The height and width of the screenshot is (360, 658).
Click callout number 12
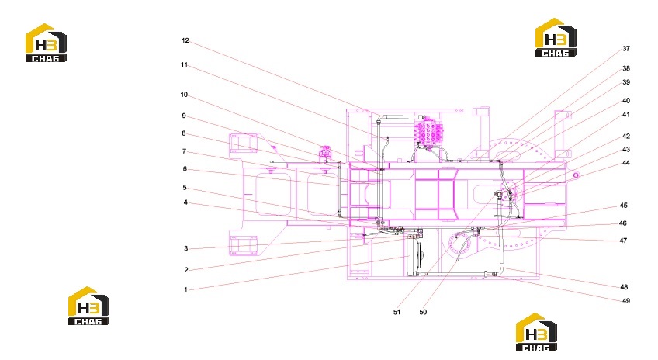coord(185,40)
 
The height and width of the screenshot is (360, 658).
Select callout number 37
coord(625,49)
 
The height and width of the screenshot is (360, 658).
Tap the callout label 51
coord(397,312)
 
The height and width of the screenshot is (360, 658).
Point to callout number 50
coord(423,312)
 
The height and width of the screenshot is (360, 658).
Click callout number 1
coord(185,289)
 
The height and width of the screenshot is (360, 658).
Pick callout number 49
coord(626,301)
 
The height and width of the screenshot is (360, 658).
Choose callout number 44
coord(626,163)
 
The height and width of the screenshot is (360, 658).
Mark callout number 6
coord(185,169)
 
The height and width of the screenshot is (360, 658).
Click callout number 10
coord(184,95)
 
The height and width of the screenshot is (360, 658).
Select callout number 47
coord(623,241)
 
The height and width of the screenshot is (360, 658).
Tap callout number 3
coord(186,248)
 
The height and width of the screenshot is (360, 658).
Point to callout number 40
coord(626,101)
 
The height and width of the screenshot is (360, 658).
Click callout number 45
coord(624,206)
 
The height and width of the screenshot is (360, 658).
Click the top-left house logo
coord(46,43)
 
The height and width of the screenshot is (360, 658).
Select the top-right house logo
coord(556,37)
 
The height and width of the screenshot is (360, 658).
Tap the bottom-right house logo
coord(536,332)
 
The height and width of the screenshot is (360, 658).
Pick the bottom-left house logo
coord(88,306)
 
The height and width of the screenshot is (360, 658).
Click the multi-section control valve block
coord(428,132)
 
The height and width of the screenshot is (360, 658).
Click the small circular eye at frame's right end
coord(576,175)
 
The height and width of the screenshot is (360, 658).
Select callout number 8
coord(184,133)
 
